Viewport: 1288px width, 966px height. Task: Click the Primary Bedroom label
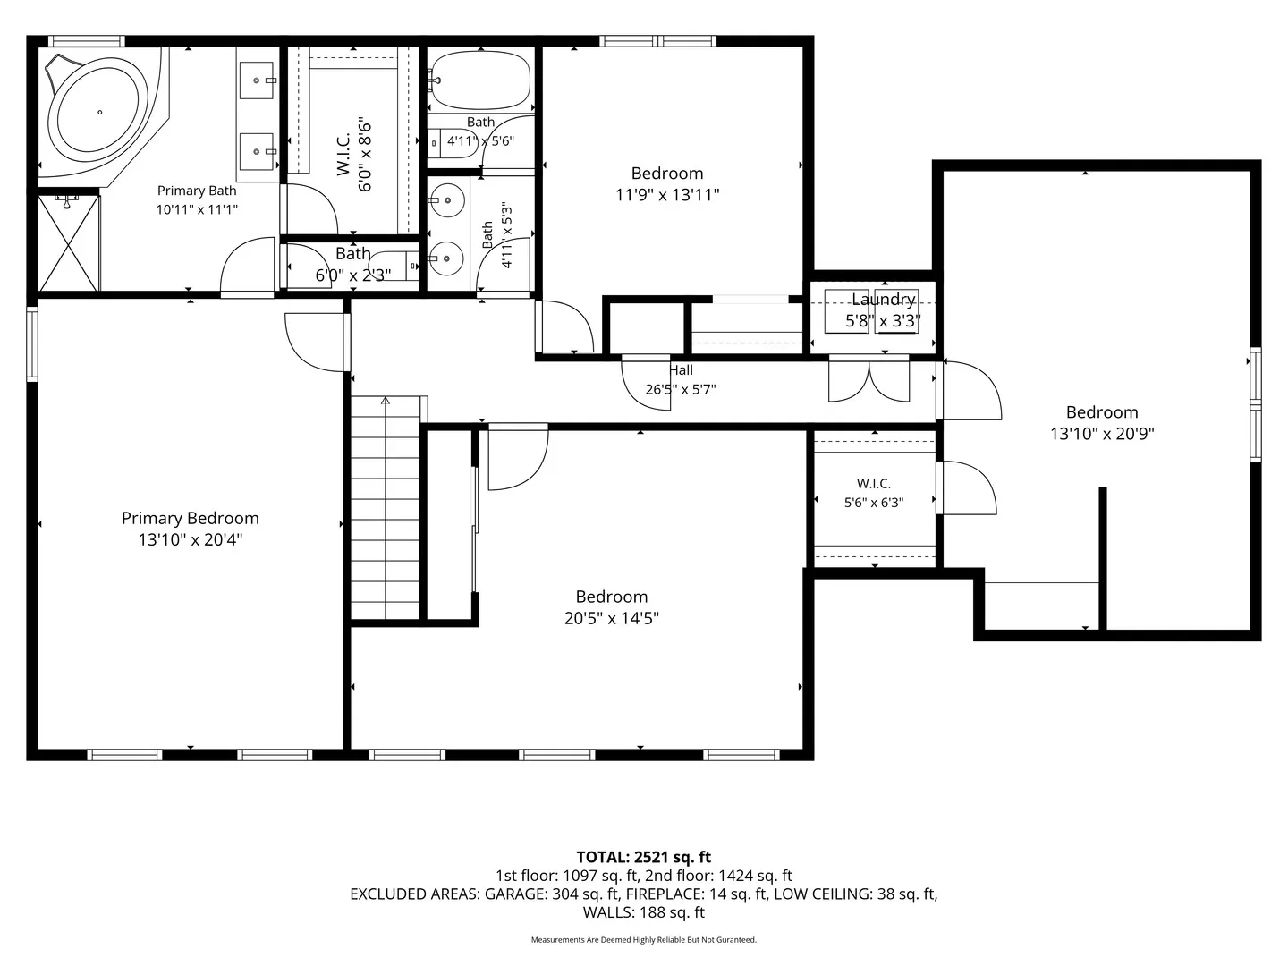pos(191,518)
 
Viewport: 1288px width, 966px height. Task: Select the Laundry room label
pos(883,299)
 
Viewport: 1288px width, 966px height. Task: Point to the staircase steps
pos(385,507)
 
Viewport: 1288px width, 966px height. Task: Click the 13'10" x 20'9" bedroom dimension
pos(1102,434)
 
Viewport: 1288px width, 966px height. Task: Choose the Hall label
pos(682,370)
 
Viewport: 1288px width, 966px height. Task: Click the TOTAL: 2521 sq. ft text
pos(644,857)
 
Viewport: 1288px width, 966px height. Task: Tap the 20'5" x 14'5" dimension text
pos(612,618)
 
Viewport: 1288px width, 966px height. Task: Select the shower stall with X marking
pos(69,243)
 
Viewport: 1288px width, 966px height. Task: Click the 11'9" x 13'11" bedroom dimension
pos(667,195)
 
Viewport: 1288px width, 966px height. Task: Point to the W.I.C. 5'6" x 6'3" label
pos(874,493)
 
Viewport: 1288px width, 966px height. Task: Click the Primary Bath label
pos(197,191)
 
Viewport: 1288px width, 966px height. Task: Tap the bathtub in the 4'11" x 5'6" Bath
pos(481,80)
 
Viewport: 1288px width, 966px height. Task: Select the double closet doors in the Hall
pos(869,381)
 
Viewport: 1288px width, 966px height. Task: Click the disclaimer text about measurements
pos(644,939)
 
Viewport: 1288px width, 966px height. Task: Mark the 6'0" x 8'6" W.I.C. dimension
pos(365,156)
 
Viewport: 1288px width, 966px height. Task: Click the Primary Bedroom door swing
pos(315,343)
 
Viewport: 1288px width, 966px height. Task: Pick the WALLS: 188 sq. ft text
pos(644,912)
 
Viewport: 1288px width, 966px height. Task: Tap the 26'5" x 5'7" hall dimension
pos(681,389)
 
